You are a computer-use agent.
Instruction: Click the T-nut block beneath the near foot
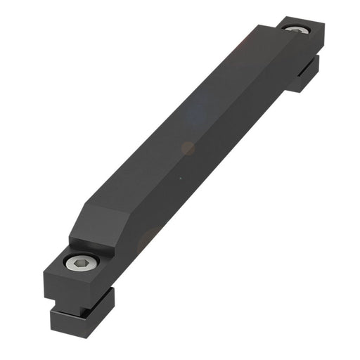point(81,316)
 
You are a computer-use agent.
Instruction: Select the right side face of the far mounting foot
point(321,41)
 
